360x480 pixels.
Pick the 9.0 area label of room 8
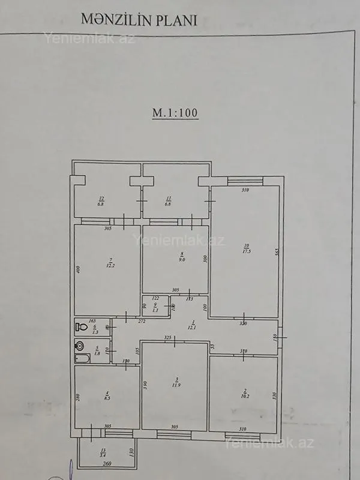click(x=182, y=260)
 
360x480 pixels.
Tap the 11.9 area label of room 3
click(x=176, y=383)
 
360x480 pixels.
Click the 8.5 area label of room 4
click(x=108, y=397)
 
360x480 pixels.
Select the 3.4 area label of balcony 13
click(x=103, y=454)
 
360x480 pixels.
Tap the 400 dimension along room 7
click(x=77, y=270)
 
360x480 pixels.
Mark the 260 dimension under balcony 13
click(x=106, y=464)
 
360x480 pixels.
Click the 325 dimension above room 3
click(x=168, y=337)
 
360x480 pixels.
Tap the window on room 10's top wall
click(x=244, y=179)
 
